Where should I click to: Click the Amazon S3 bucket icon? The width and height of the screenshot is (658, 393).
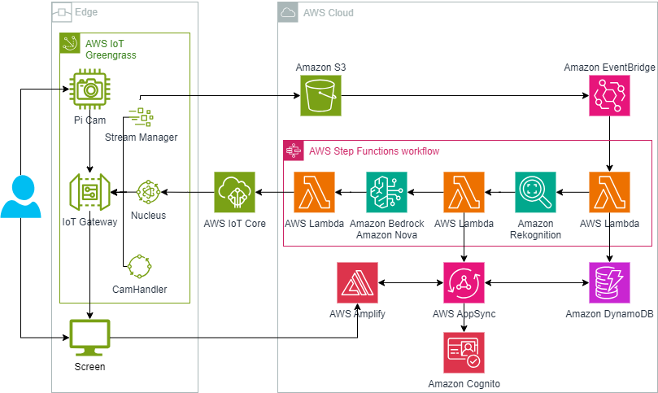click(x=320, y=95)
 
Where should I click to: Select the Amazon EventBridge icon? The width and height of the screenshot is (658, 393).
click(x=609, y=95)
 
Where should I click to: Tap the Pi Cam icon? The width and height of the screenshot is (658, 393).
click(x=89, y=90)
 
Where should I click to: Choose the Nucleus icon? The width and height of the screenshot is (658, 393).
click(x=148, y=192)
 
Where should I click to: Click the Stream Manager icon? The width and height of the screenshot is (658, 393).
click(x=141, y=117)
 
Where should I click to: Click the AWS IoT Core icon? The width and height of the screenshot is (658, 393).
click(x=235, y=192)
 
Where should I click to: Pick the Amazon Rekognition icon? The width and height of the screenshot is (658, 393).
click(x=535, y=192)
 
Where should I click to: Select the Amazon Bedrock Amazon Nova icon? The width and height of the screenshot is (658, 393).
click(x=386, y=192)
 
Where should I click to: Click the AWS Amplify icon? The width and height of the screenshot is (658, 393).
click(x=357, y=282)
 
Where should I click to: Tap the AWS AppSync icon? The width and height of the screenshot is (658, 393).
click(x=464, y=282)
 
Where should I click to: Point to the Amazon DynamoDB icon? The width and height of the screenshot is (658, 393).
click(x=609, y=282)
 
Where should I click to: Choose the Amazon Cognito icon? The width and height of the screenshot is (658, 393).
click(x=464, y=352)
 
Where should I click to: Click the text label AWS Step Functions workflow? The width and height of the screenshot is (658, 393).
click(x=374, y=151)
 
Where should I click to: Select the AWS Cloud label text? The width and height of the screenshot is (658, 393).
click(x=328, y=13)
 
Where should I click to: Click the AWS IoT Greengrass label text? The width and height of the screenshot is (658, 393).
click(x=111, y=49)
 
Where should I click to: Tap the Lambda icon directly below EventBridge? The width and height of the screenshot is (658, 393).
click(x=609, y=192)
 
